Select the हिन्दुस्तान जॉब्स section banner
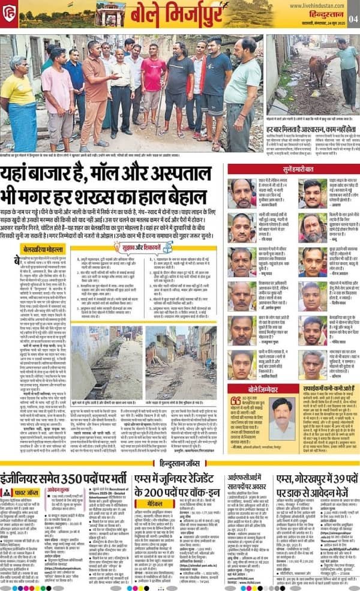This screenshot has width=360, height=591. [180, 463]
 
